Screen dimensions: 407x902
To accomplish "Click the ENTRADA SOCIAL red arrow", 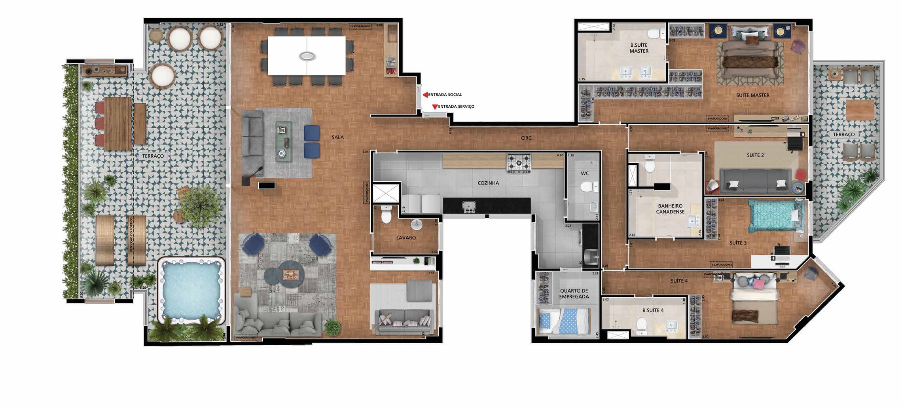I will point(425,95).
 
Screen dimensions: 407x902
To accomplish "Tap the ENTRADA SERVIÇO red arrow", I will point(435,107).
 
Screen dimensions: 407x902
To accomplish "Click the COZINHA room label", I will point(488,183).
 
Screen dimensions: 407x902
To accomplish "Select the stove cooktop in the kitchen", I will point(519,163).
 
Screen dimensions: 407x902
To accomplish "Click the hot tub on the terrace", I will point(191,290).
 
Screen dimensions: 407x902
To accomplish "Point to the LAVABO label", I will point(406,238).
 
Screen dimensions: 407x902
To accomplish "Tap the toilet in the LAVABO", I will point(386,215).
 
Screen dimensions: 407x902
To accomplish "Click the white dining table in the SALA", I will point(307,55).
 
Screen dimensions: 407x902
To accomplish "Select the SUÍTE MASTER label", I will point(752,95).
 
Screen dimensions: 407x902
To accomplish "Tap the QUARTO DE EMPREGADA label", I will point(574,293).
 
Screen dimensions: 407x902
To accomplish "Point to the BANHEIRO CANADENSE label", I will point(670,209).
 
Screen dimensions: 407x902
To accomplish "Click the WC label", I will point(585,173).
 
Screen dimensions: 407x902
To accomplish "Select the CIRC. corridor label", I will point(526,138).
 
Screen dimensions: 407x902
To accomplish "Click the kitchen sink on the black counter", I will point(469,206).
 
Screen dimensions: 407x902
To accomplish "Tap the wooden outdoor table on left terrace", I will point(118,123).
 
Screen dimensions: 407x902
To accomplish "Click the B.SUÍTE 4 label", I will point(653,310).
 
